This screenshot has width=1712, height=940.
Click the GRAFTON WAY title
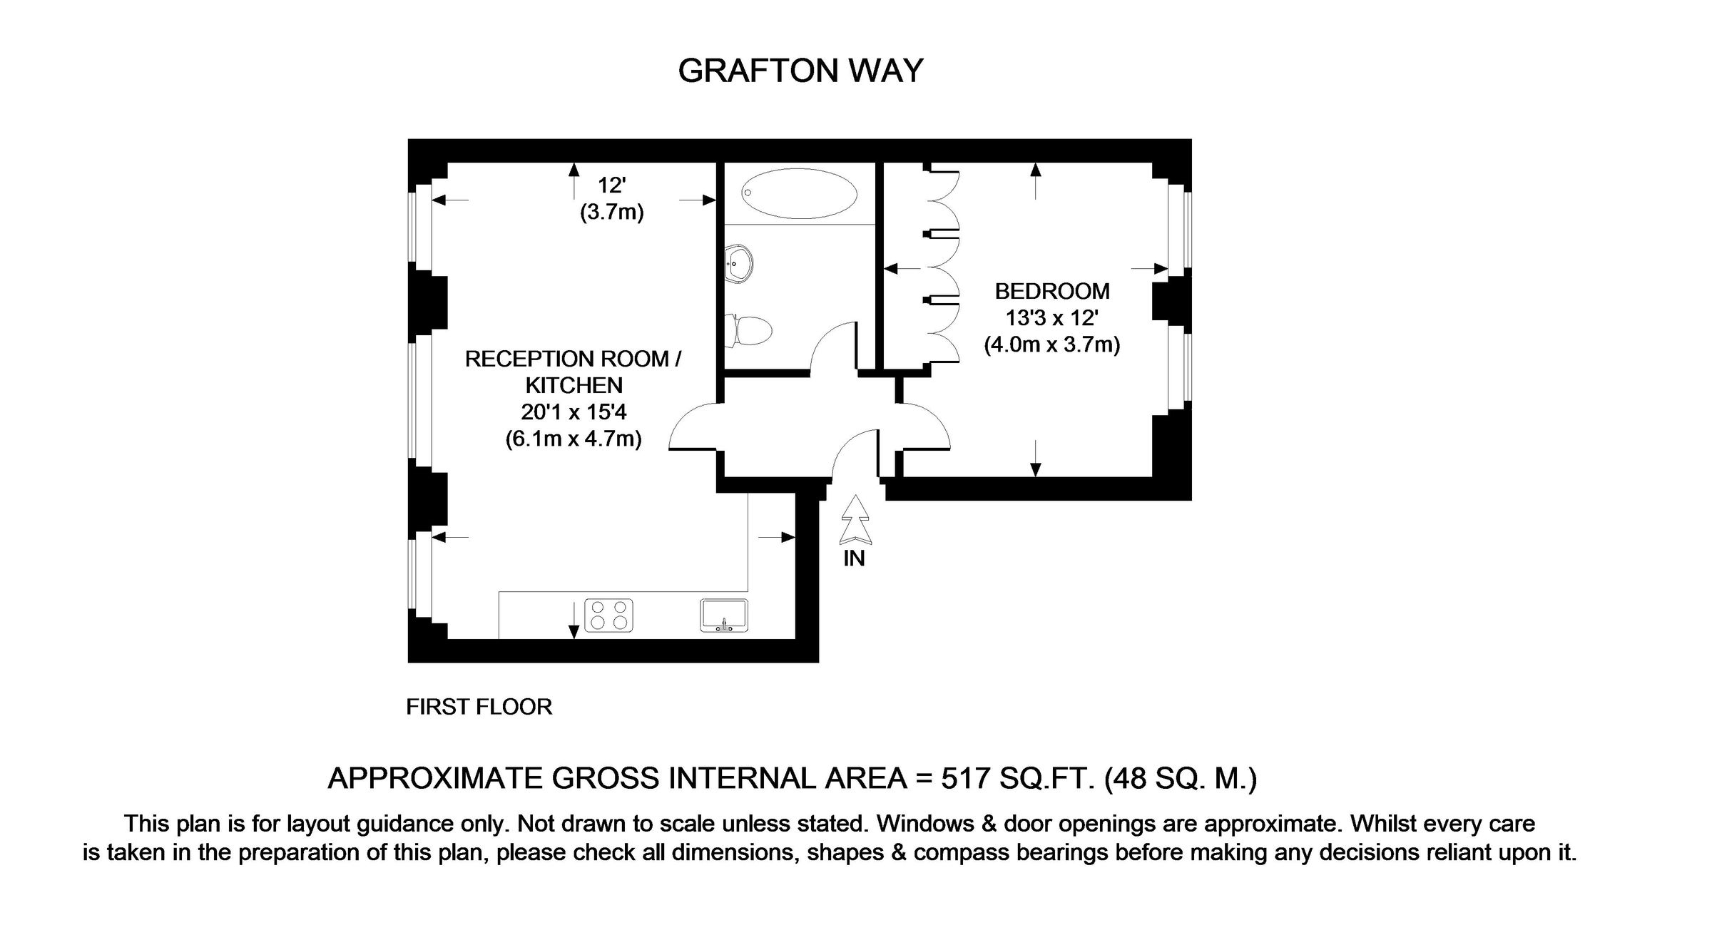(800, 71)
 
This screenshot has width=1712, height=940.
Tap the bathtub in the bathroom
(798, 193)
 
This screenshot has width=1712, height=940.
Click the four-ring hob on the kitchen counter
(608, 615)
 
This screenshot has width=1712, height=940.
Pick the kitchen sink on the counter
(724, 615)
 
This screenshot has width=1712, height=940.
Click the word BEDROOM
(1052, 291)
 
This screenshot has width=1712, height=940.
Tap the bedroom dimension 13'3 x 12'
(1052, 318)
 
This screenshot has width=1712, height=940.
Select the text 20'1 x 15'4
(574, 412)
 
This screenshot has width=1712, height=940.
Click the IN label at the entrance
(854, 558)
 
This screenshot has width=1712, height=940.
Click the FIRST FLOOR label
(479, 707)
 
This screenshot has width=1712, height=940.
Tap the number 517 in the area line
(965, 778)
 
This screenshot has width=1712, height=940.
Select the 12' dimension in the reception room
(611, 185)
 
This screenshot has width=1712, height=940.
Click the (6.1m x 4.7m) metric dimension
(574, 439)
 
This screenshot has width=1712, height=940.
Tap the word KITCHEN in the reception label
(574, 385)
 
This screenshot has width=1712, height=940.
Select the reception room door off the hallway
(693, 426)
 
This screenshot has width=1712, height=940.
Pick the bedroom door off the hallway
(926, 426)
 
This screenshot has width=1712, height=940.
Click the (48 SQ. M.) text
(1180, 778)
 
